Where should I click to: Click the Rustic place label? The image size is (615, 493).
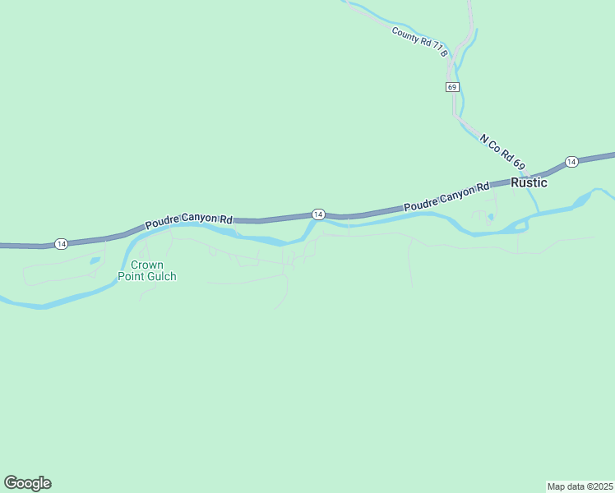529,182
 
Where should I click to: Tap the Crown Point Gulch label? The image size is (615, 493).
153,270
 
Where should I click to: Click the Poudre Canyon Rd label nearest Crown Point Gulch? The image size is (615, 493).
189,221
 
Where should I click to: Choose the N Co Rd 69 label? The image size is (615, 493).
502,153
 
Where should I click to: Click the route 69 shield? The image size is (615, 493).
452,87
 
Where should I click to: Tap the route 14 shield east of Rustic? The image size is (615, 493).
571,161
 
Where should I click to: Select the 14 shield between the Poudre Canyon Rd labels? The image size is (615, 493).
317,214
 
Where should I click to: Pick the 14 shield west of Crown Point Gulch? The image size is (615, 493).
61,243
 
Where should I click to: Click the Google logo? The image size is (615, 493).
27,483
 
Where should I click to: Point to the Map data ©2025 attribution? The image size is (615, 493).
580,486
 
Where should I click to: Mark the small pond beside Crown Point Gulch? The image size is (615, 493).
95,260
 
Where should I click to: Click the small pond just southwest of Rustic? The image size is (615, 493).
490,218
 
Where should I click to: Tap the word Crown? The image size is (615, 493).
147,265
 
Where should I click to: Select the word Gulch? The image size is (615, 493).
162,276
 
